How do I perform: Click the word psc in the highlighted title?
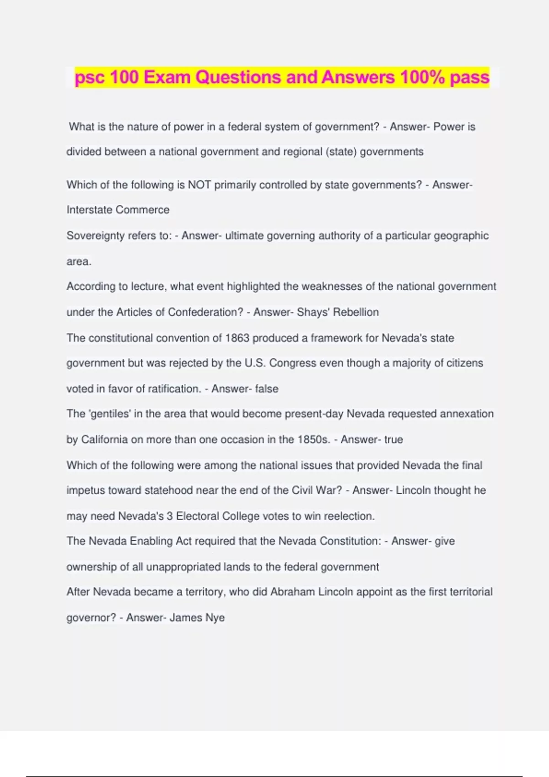pos(90,78)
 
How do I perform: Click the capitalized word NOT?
pos(199,185)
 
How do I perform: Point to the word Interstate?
pos(90,210)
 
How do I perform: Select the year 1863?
pos(237,338)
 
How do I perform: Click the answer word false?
pos(267,389)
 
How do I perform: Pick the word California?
pos(105,440)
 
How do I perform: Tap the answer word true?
pos(393,440)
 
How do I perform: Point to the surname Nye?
pos(215,618)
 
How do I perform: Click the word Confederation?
pos(205,312)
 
